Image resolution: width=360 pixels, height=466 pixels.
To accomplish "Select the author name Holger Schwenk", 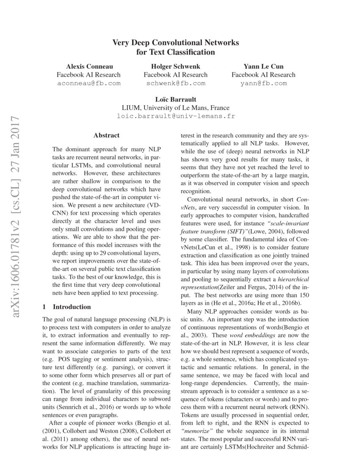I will (x=176, y=67).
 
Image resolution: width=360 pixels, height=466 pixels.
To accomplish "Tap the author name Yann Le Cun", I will (x=263, y=67).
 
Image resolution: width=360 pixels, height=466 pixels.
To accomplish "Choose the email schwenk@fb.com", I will (x=176, y=83).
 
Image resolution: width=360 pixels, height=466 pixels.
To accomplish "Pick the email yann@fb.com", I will (x=263, y=83).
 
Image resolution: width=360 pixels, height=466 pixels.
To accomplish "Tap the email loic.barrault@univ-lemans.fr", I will (x=176, y=116).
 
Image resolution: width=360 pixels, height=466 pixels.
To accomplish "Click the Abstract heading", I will (x=106, y=136).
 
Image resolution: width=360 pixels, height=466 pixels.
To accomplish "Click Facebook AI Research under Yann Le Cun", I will (x=263, y=75).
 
